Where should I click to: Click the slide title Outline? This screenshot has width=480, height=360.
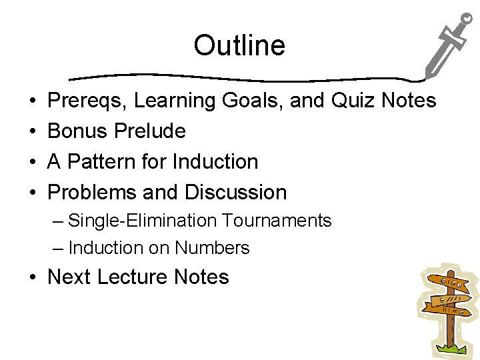pyautogui.click(x=239, y=46)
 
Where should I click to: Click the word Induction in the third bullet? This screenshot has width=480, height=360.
pyautogui.click(x=215, y=162)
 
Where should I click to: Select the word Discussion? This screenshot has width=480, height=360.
pyautogui.click(x=235, y=193)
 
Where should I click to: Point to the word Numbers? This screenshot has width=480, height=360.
pyautogui.click(x=212, y=248)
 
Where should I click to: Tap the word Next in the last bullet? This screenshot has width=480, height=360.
pyautogui.click(x=69, y=277)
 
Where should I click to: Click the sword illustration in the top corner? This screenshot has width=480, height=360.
pyautogui.click(x=447, y=47)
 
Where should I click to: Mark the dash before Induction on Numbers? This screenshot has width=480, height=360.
pyautogui.click(x=59, y=248)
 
